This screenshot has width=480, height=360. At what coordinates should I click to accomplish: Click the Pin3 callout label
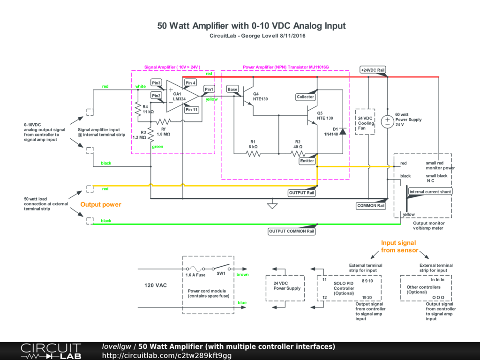[156, 83]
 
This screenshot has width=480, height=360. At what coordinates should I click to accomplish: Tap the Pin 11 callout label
[192, 110]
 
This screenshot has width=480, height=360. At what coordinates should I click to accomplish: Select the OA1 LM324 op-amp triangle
[182, 96]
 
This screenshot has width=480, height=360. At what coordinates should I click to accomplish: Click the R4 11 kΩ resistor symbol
[138, 109]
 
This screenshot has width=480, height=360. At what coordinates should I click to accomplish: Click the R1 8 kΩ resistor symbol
[253, 154]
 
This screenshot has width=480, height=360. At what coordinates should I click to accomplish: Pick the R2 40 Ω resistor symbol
[298, 154]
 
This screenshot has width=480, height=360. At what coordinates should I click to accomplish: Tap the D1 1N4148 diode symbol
[343, 131]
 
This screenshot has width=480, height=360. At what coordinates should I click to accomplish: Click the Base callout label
[232, 90]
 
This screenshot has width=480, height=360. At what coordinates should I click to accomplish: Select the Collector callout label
[306, 97]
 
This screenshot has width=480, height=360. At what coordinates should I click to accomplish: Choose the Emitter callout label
[307, 161]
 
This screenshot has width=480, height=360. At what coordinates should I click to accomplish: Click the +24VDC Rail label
[373, 70]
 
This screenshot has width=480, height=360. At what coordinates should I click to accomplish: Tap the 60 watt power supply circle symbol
[387, 121]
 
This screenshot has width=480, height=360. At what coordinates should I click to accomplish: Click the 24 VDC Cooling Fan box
[365, 122]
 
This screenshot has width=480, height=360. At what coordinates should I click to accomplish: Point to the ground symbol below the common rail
[272, 205]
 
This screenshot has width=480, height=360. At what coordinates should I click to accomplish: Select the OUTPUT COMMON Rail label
[292, 231]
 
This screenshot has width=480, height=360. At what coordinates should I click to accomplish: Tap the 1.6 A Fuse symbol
[195, 269]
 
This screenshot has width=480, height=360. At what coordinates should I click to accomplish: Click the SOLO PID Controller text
[344, 288]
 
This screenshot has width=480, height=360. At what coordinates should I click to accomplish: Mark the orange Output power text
[101, 204]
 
